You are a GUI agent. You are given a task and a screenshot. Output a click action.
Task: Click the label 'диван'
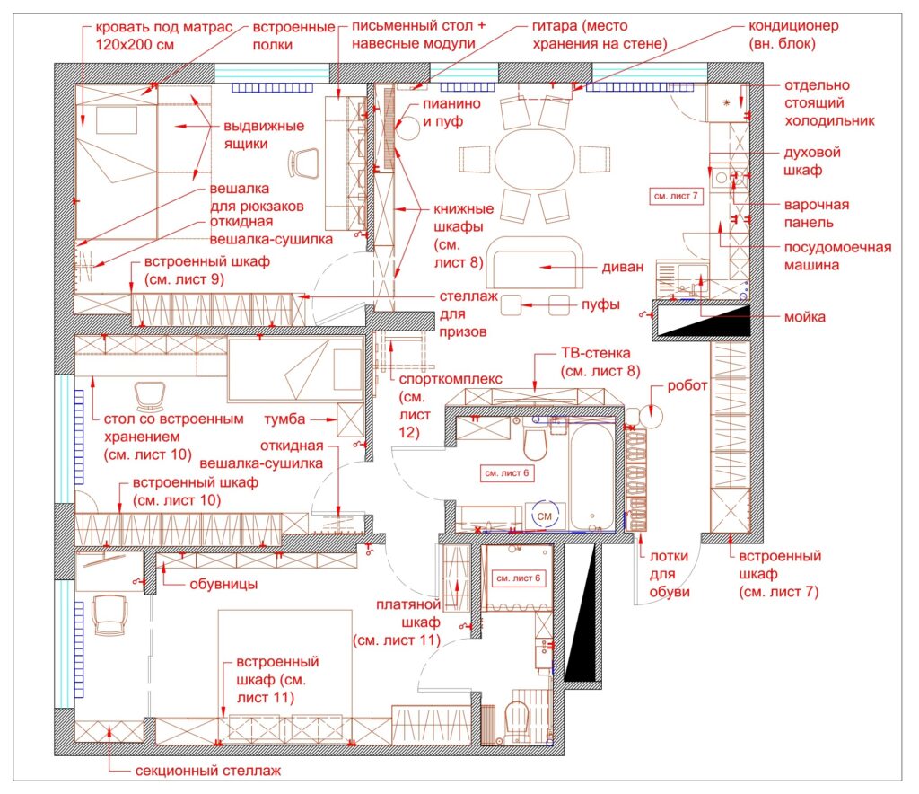(x=623, y=267)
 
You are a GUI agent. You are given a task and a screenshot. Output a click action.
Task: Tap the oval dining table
(x=534, y=158)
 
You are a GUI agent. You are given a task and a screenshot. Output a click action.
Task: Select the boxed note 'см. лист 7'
(x=676, y=196)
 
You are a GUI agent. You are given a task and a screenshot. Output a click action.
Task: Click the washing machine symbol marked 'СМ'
(x=545, y=516)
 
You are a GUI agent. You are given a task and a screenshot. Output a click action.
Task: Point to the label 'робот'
(x=687, y=386)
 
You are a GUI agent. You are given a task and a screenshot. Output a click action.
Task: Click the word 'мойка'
(x=805, y=317)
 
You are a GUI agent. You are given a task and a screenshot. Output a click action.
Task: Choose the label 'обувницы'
(x=223, y=584)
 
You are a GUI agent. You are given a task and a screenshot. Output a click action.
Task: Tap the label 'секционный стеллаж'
(x=208, y=771)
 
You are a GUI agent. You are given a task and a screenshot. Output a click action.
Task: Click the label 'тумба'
(x=284, y=419)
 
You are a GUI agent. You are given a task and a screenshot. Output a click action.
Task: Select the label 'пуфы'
(x=600, y=304)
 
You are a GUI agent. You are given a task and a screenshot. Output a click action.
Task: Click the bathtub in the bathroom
(x=592, y=477)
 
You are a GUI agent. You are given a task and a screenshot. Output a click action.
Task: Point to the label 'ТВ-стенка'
(x=596, y=353)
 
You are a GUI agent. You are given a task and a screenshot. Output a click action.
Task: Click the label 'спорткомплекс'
(x=451, y=379)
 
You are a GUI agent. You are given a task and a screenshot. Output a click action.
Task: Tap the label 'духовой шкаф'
(x=812, y=162)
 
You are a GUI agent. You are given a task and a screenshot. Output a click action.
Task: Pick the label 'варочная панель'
(x=816, y=214)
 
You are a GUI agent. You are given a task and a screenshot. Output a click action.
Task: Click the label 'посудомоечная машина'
(x=837, y=256)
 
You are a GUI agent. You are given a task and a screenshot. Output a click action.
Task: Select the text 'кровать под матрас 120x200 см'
(x=164, y=36)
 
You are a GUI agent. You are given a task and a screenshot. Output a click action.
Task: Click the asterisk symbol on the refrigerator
(x=727, y=103)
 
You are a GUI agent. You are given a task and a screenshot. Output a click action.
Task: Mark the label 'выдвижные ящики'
(x=264, y=135)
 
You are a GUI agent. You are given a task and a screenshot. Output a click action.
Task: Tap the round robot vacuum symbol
(x=652, y=415)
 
